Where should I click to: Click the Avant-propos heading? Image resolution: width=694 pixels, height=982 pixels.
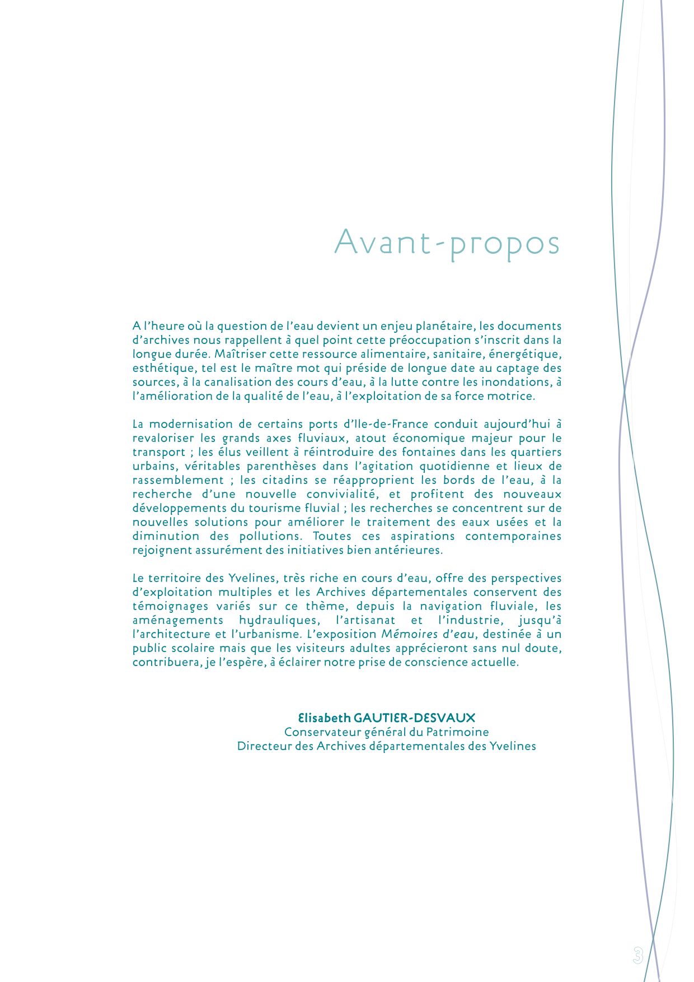pos(447,243)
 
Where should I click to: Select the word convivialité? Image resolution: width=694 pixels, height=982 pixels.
pos(340,494)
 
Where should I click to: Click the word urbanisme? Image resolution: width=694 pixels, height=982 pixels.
pos(269,634)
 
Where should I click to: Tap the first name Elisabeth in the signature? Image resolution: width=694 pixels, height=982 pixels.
pos(324,718)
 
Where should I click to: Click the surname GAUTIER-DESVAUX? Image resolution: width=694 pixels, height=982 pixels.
pos(415,718)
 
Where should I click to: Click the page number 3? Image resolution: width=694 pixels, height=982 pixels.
pos(637,955)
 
